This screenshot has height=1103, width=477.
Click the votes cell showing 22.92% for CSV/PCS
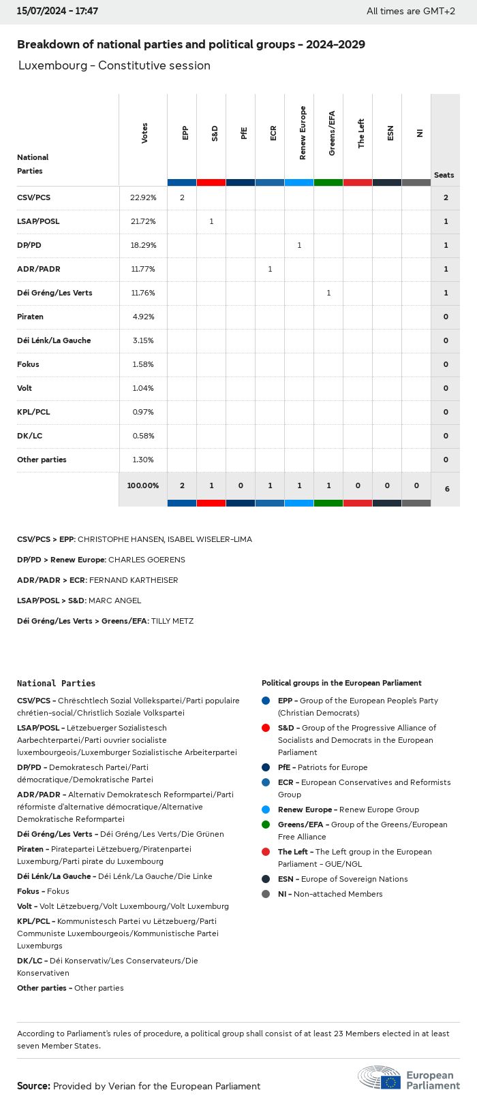pyautogui.click(x=143, y=197)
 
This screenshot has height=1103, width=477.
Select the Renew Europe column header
pyautogui.click(x=303, y=133)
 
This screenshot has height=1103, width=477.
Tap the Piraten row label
pyautogui.click(x=30, y=317)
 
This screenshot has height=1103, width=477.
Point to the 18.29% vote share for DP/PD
pyautogui.click(x=143, y=245)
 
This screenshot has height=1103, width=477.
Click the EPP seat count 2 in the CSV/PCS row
pyautogui.click(x=182, y=197)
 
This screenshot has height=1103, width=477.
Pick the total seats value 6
pyautogui.click(x=446, y=489)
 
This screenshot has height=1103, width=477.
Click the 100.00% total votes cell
pyautogui.click(x=143, y=485)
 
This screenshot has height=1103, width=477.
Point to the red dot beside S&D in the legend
pyautogui.click(x=266, y=728)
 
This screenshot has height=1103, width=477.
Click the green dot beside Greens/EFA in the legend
pyautogui.click(x=266, y=825)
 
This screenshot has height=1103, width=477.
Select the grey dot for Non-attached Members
pyautogui.click(x=266, y=894)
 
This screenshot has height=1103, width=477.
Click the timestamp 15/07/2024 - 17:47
pyautogui.click(x=57, y=11)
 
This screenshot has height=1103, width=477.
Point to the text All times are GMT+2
pyautogui.click(x=411, y=11)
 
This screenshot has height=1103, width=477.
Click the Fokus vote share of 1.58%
pyautogui.click(x=143, y=364)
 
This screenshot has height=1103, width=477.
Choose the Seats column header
pyautogui.click(x=444, y=175)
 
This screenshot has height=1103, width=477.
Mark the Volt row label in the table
pyautogui.click(x=25, y=388)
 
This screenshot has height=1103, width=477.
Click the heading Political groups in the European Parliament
pyautogui.click(x=341, y=683)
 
